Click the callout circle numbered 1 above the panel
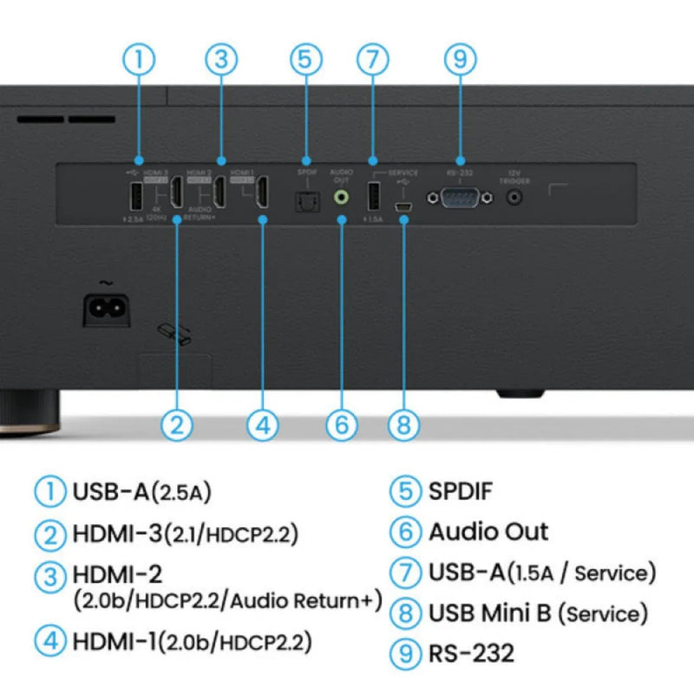point(139,60)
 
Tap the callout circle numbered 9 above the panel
point(460,60)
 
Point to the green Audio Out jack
point(342,197)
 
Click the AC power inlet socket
point(106,309)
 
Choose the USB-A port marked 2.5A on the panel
point(138,198)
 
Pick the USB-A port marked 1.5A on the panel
point(373,197)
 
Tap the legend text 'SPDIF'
point(460,491)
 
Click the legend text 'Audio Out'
point(488,531)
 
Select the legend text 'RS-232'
point(471,652)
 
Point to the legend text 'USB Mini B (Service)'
point(538,613)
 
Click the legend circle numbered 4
point(50,642)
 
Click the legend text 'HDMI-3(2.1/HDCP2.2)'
point(186,533)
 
